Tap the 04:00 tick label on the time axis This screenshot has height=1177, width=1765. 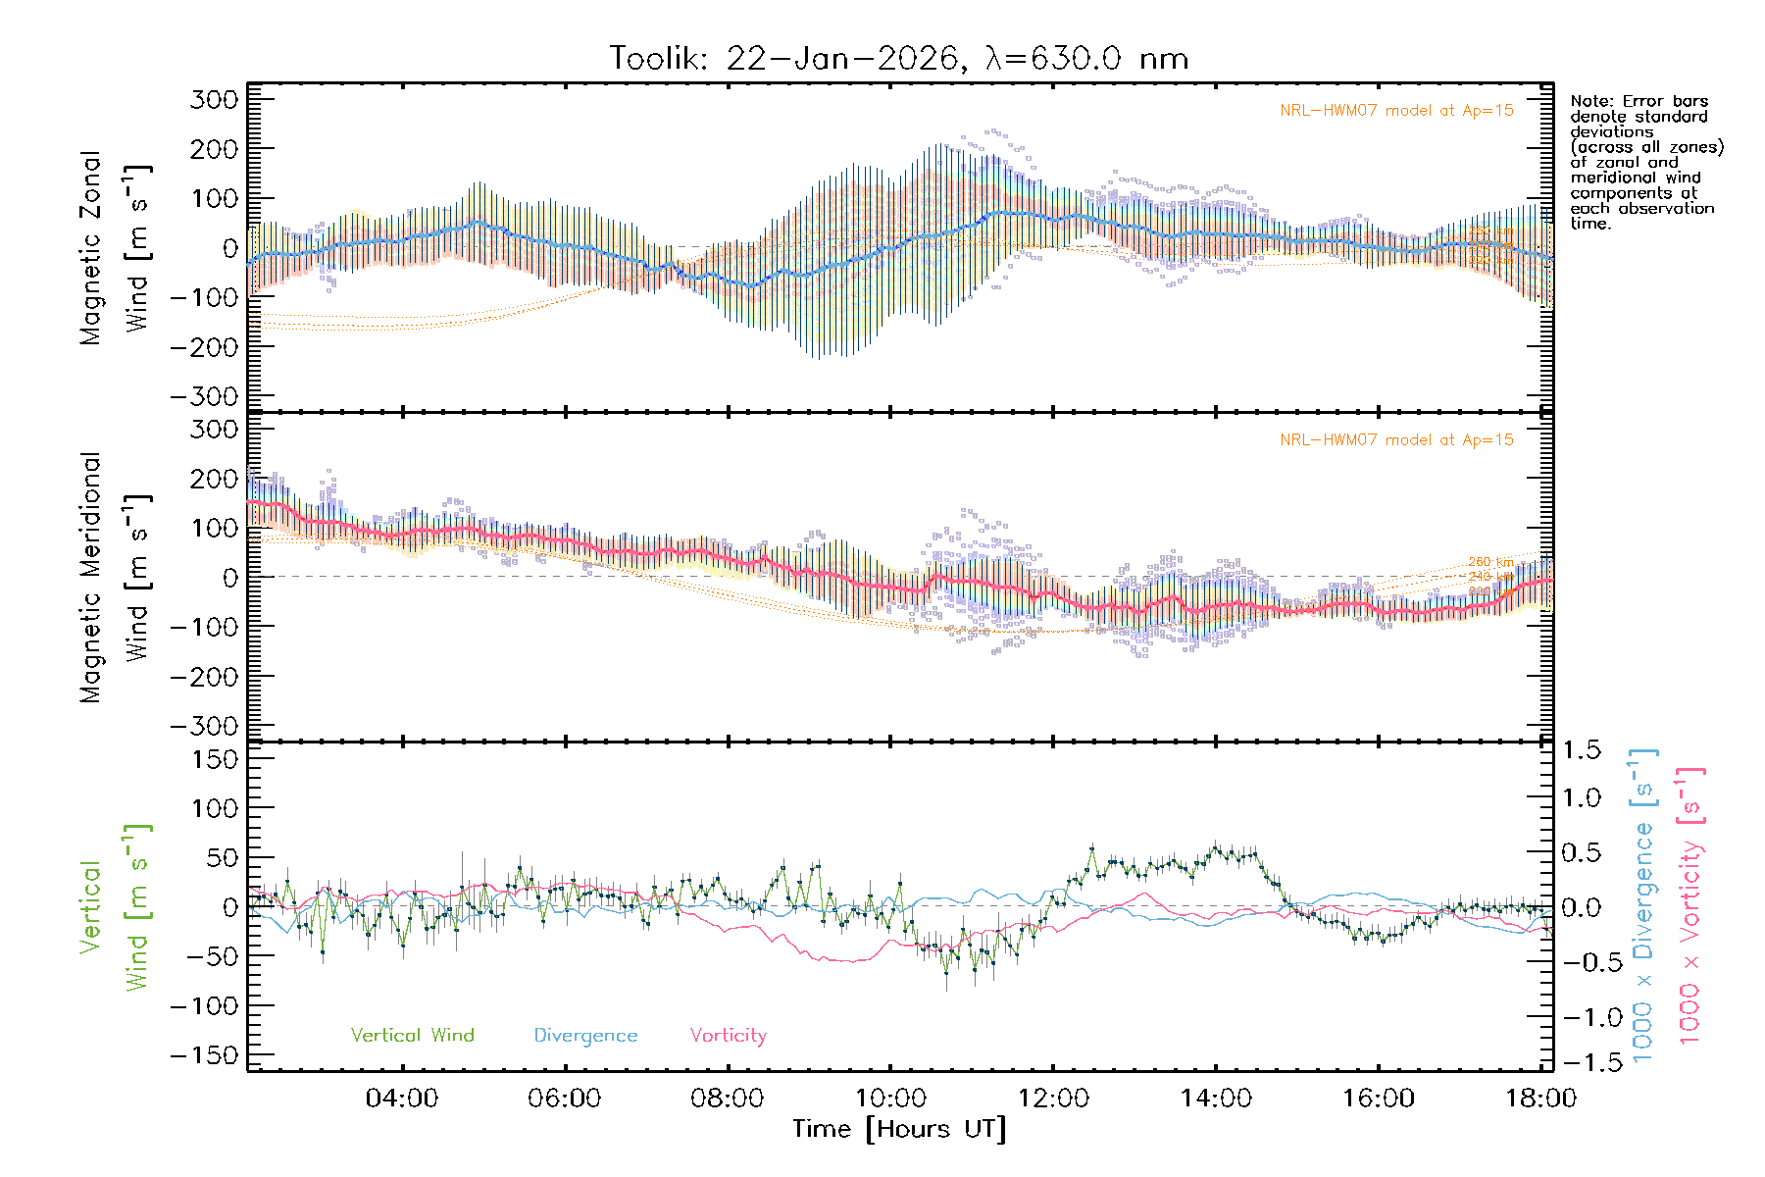402,1099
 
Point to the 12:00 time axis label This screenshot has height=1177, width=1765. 1053,1099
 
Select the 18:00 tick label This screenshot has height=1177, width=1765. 1540,1099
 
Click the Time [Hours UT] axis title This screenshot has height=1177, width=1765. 899,1129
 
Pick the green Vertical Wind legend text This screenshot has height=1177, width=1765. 412,1036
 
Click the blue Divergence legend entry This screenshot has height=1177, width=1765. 585,1036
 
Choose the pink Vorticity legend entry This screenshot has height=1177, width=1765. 728,1036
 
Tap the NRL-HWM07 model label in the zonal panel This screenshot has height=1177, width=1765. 1396,111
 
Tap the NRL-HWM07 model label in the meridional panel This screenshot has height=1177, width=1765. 1396,440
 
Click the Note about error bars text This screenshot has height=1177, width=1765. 1646,162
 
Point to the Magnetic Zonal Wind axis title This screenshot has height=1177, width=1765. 114,248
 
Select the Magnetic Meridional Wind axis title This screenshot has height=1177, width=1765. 114,578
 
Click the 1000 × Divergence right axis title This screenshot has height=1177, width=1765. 1642,906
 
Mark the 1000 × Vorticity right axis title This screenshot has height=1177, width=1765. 1689,906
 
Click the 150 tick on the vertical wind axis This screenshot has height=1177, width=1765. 215,759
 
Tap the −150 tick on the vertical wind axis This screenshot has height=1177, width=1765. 205,1055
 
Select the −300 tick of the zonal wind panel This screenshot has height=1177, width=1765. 205,396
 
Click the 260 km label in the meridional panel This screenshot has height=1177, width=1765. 1490,563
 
